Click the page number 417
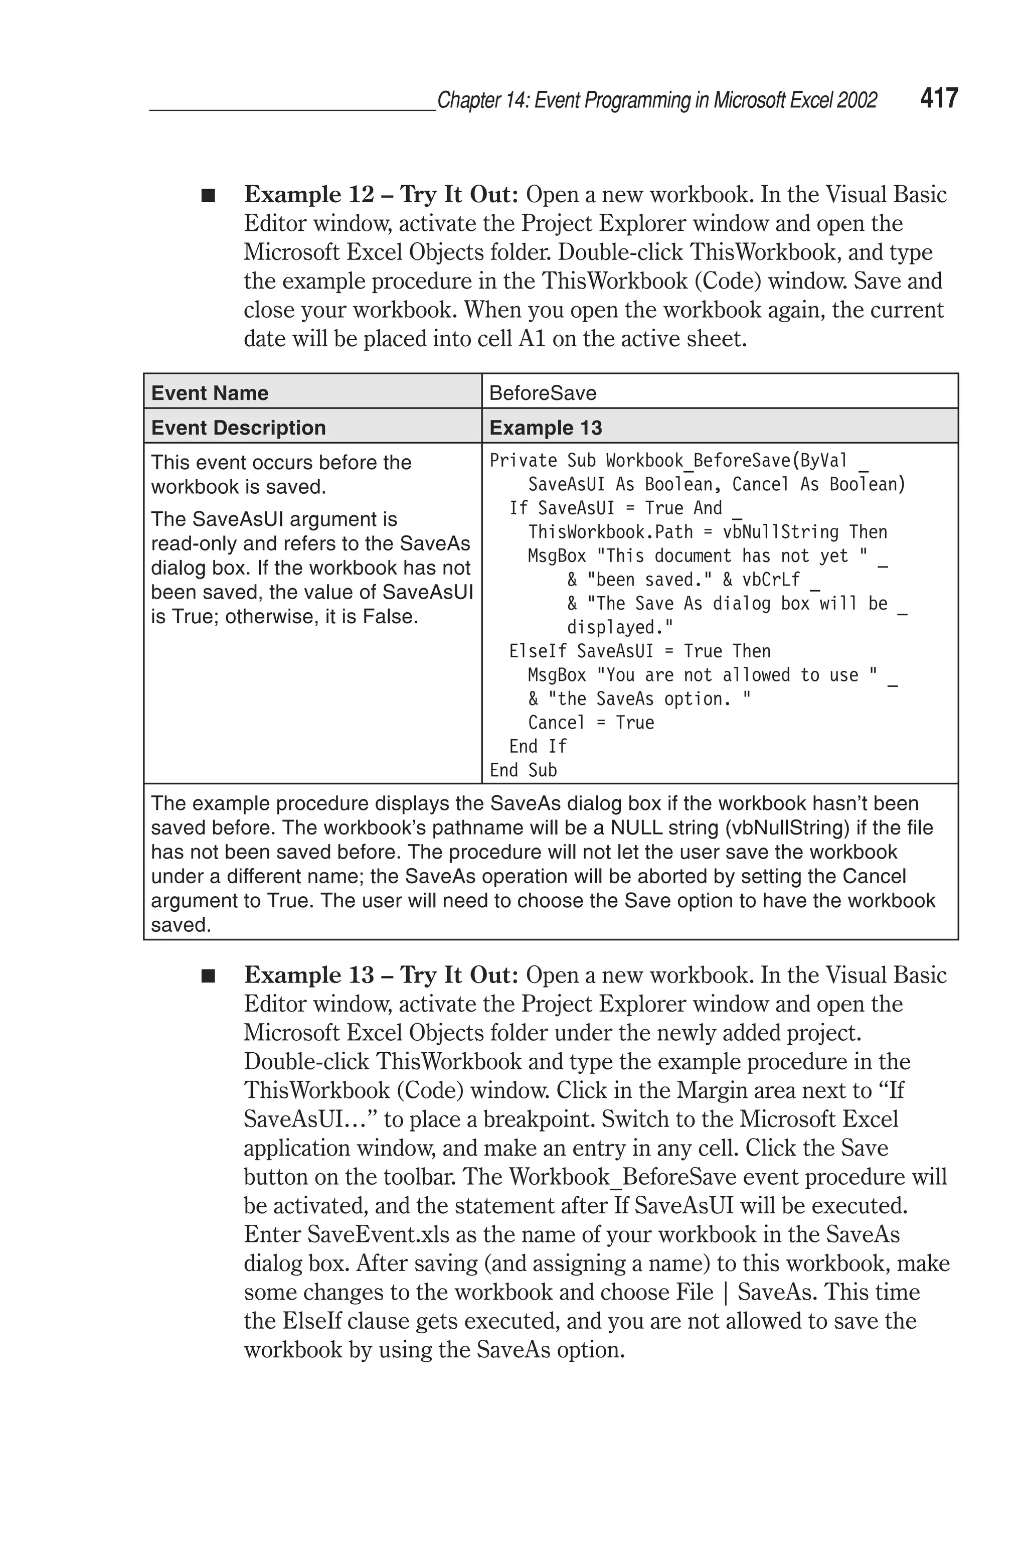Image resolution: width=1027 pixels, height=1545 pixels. click(x=939, y=98)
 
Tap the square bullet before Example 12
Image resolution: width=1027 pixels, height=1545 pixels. click(x=208, y=196)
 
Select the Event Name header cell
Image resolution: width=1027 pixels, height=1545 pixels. click(x=210, y=393)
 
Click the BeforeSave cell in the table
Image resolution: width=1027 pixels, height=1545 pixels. click(x=542, y=393)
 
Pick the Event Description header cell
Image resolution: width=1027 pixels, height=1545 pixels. click(x=238, y=428)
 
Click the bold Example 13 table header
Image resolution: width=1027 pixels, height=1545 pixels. click(x=545, y=428)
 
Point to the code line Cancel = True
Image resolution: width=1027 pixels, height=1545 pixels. click(x=591, y=723)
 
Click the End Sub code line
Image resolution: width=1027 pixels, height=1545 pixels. click(x=523, y=771)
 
